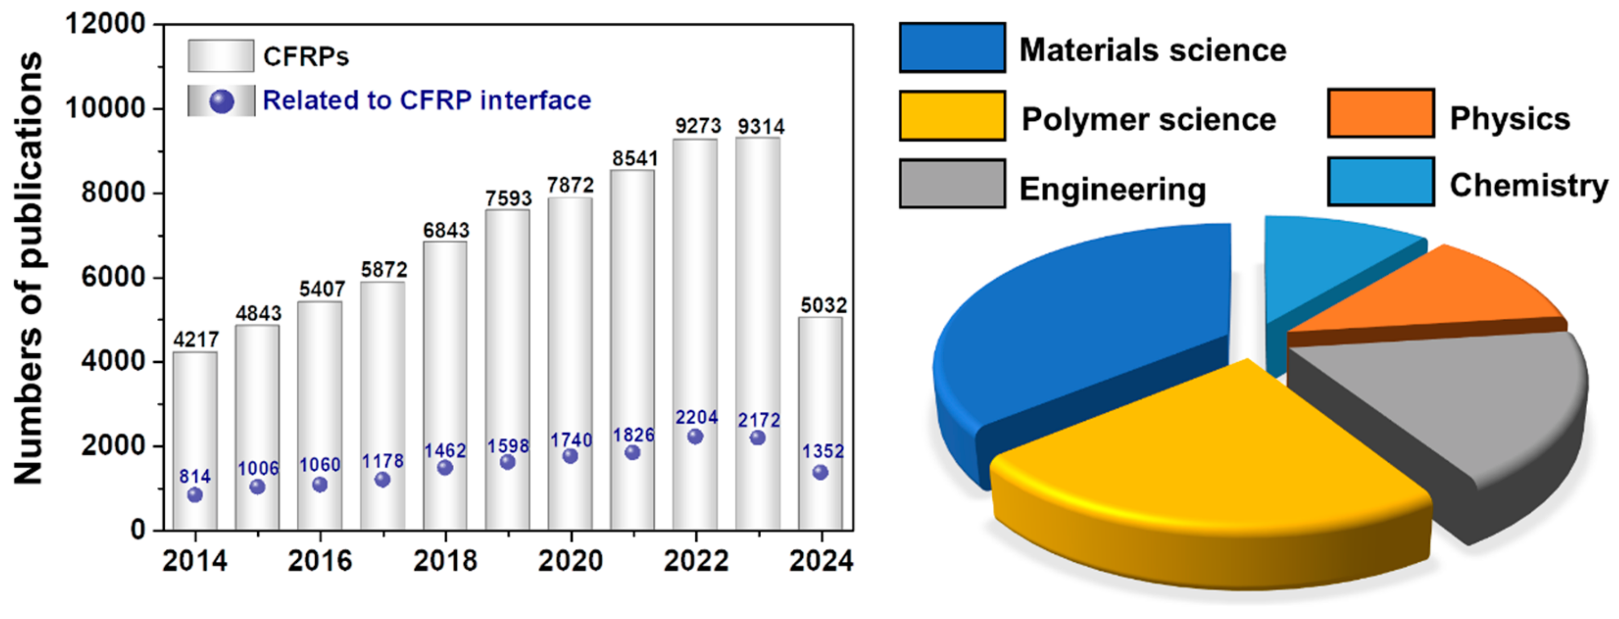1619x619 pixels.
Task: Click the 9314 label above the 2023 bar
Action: tap(761, 127)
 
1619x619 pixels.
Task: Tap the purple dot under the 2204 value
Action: tap(695, 437)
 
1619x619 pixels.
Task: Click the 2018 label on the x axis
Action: tap(445, 561)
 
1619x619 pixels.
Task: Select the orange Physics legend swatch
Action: tap(1381, 113)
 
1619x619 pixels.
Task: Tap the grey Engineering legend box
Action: tap(952, 183)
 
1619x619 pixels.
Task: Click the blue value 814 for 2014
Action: tap(195, 476)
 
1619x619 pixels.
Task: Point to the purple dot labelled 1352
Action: tap(820, 473)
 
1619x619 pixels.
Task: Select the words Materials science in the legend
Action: tap(1153, 50)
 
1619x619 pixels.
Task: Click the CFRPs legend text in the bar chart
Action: tap(305, 57)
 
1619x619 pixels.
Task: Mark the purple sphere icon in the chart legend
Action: tap(221, 101)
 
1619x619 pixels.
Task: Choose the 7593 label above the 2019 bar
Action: tap(508, 198)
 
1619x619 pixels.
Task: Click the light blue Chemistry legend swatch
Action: tap(1381, 182)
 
